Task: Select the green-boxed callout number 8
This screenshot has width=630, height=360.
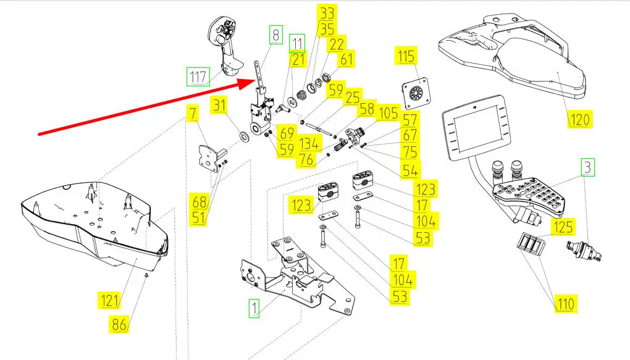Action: click(x=275, y=35)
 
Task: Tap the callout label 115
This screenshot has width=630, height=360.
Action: click(x=406, y=57)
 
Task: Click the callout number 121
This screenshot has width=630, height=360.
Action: click(x=109, y=301)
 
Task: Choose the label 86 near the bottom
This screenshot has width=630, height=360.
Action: click(x=119, y=323)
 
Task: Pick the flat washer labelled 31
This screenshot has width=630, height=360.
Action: click(x=245, y=135)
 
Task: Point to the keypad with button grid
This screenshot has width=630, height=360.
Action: click(x=531, y=195)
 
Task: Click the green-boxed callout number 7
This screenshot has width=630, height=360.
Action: click(x=193, y=114)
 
